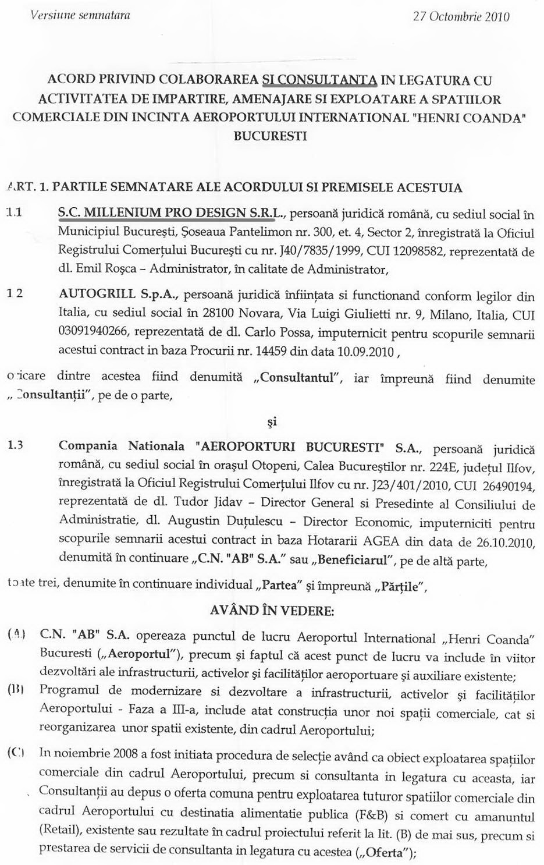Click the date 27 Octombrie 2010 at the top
pos(461,16)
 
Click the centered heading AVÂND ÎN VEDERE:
pos(272,611)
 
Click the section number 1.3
pos(15,446)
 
